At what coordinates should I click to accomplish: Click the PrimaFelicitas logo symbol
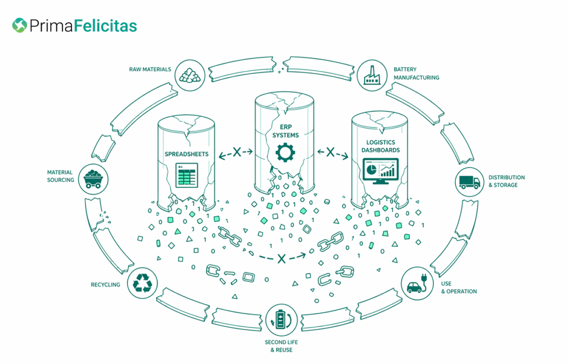[x=20, y=25]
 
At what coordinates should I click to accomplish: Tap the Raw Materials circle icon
[x=190, y=74]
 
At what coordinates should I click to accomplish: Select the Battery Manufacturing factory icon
[x=370, y=74]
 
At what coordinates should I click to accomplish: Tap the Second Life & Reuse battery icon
[x=281, y=319]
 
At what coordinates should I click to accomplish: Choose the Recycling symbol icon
[x=142, y=283]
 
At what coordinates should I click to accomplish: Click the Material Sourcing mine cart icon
[x=93, y=177]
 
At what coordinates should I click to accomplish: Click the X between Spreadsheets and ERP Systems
[x=236, y=152]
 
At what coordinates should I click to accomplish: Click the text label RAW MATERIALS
[x=150, y=69]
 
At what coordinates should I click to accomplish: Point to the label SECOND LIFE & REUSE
[x=281, y=346]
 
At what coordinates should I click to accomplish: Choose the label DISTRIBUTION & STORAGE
[x=506, y=181]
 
